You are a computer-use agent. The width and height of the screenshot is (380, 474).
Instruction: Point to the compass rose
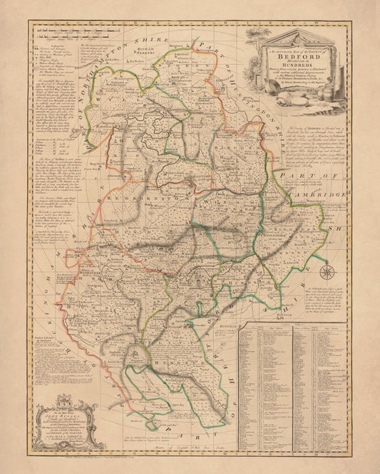(x=327, y=271)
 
